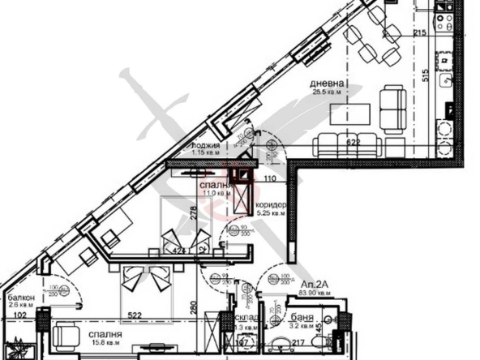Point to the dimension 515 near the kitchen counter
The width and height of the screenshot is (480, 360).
click(424, 75)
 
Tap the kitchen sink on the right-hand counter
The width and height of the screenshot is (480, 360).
click(445, 80)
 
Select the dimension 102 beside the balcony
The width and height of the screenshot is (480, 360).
click(19, 315)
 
